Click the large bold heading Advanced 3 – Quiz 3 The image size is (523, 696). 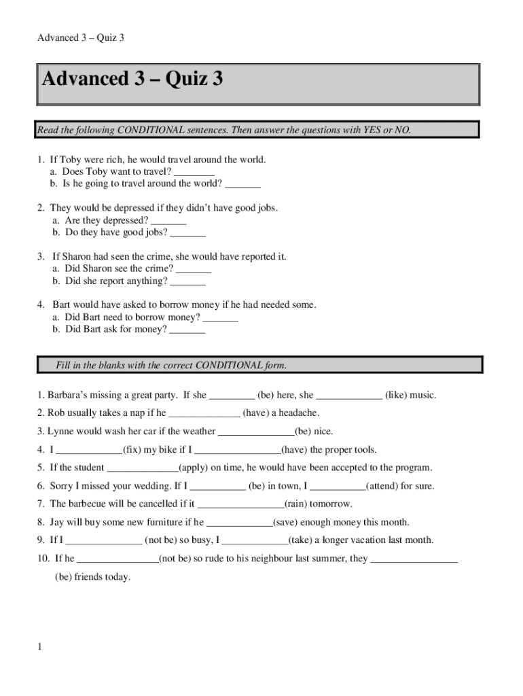click(x=132, y=80)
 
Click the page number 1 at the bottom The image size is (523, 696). click(x=40, y=646)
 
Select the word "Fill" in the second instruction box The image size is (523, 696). click(x=65, y=366)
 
